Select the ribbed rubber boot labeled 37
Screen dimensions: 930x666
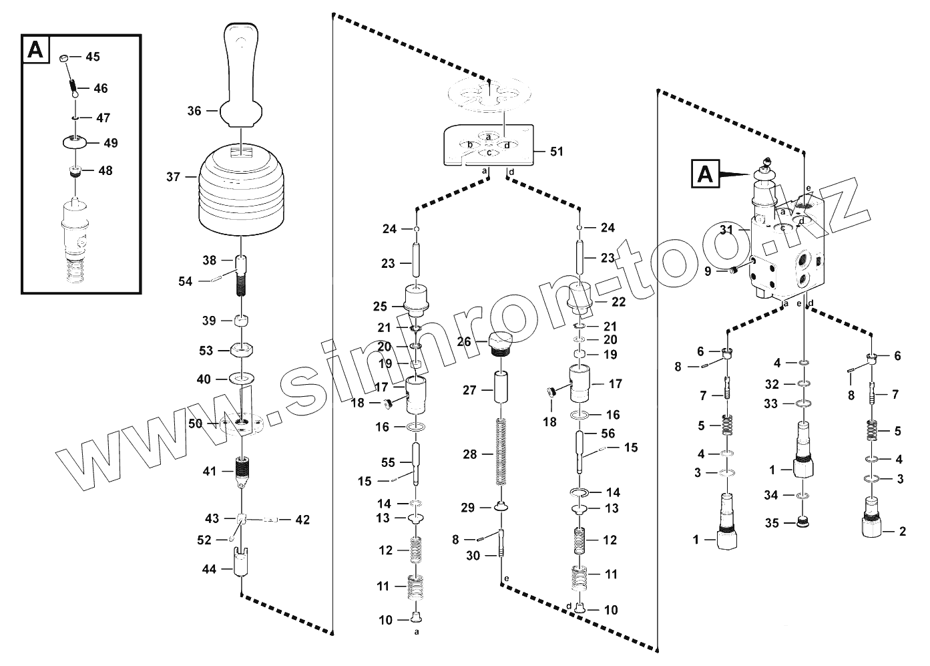point(241,194)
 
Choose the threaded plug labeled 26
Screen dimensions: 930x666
point(501,343)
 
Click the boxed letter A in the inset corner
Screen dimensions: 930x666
point(37,50)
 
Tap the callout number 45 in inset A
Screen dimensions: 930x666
point(92,57)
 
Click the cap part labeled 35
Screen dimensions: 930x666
point(804,522)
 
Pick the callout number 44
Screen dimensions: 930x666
point(210,569)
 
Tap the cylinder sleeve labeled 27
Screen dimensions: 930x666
point(501,388)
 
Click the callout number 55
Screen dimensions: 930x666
point(388,462)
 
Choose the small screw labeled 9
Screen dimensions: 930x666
point(734,271)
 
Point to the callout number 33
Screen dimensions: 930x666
point(771,403)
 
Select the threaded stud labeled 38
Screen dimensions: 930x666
point(241,274)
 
